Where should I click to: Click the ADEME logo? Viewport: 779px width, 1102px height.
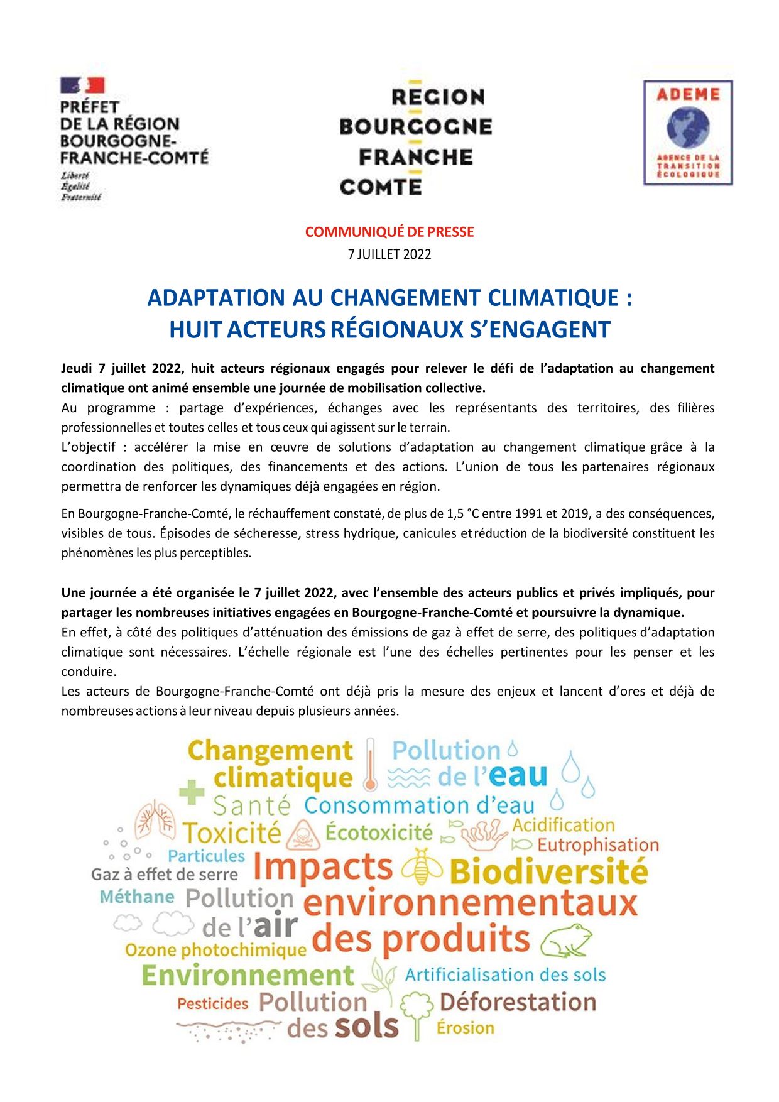[688, 133]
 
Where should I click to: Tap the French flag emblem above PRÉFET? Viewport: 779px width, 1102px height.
[82, 85]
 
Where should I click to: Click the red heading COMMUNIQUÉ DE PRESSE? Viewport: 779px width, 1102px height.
[389, 232]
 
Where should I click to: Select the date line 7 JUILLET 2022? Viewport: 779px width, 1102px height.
[389, 254]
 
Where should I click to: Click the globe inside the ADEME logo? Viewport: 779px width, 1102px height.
[688, 128]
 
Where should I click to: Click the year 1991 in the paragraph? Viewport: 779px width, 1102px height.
[529, 514]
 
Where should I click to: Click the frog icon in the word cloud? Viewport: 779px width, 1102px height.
[566, 940]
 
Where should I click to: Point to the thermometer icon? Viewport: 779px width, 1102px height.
[370, 764]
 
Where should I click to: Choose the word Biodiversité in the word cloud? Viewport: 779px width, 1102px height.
[548, 872]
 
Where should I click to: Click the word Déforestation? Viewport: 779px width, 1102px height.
[518, 1002]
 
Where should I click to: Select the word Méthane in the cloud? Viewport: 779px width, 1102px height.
[137, 897]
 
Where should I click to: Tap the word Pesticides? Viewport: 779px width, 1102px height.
[212, 1003]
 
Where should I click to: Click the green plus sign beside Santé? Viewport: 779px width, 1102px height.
[192, 792]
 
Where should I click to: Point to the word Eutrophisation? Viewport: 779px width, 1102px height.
[597, 845]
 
